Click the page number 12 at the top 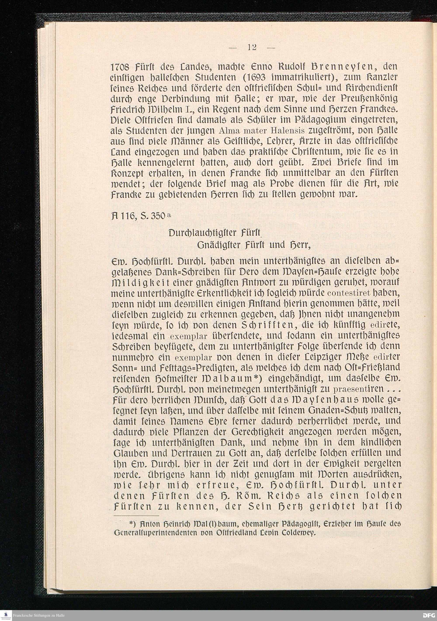click(252, 48)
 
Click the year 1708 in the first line click(121, 67)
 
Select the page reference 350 click(159, 216)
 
